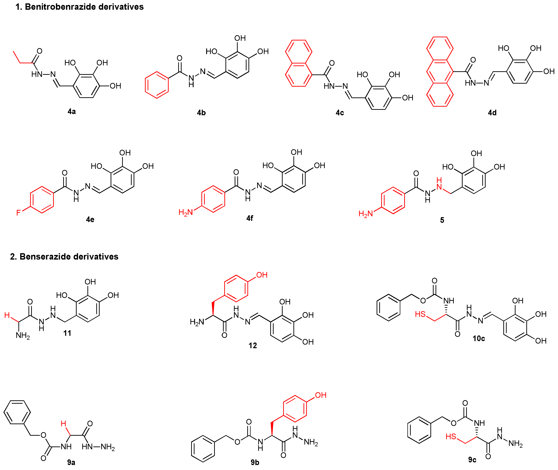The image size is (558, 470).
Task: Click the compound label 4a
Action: [x=71, y=111]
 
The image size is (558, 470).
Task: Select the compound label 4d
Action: [x=492, y=113]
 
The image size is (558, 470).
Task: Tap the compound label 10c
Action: [x=479, y=338]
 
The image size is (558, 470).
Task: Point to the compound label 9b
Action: [x=255, y=462]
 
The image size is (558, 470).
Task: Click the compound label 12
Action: [x=253, y=346]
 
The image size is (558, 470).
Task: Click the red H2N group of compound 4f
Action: [x=185, y=212]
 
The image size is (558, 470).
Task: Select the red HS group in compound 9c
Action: [x=451, y=436]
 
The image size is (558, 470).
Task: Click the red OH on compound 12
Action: [x=262, y=275]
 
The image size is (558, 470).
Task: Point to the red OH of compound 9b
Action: [x=321, y=395]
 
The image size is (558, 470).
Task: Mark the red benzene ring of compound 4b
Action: [x=157, y=85]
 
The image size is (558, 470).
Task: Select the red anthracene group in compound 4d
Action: [x=440, y=72]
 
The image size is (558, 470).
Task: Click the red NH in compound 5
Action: [x=439, y=184]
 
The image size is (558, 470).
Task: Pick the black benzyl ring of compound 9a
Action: [x=17, y=412]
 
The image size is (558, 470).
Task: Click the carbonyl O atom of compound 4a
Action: [x=39, y=51]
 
